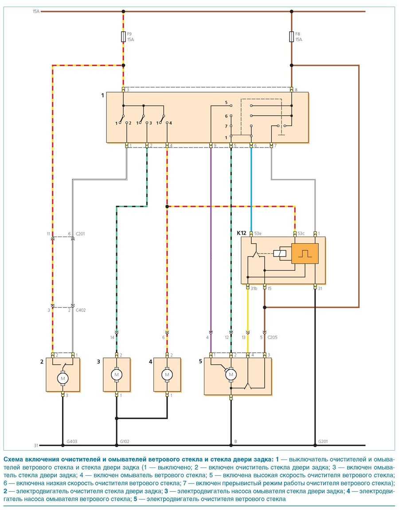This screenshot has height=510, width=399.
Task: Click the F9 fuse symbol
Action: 123,37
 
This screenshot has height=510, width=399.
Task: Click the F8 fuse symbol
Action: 292,37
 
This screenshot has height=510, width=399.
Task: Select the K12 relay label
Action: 241,233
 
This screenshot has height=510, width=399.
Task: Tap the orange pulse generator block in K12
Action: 305,254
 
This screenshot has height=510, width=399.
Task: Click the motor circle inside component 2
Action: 63,378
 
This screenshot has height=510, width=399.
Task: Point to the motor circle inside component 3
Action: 117,374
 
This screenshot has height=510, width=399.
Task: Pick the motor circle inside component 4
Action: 167,374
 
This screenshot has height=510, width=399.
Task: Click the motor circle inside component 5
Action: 231,375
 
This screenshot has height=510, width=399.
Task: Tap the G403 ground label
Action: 71,442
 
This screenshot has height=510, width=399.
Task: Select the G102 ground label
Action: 125,442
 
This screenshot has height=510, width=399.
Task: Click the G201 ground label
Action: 324,442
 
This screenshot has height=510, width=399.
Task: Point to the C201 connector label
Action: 80,234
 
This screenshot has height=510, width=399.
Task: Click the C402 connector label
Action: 80,310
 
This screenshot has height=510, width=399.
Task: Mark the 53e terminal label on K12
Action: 258,234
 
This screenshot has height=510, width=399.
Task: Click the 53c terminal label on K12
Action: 301,234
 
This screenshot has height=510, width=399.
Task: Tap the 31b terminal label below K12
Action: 254,288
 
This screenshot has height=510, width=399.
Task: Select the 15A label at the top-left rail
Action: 36,11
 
